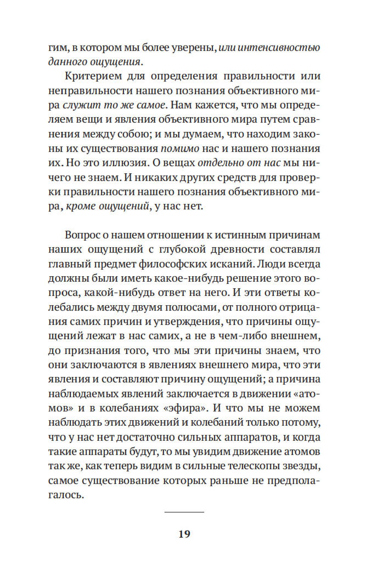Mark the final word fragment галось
pos(66,495)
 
